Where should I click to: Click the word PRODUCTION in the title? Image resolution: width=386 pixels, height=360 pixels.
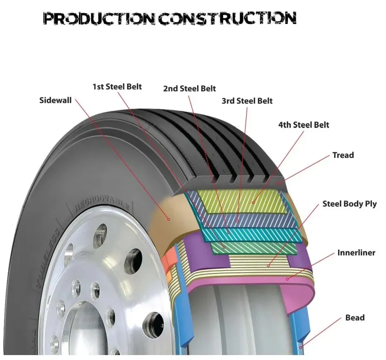(99, 19)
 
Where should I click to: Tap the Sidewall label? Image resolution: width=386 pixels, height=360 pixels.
(55, 100)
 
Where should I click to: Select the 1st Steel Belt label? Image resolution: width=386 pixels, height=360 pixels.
(117, 86)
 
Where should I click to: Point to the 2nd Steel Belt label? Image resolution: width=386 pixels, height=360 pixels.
(189, 89)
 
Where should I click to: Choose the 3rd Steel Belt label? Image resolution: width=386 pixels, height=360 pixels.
(247, 101)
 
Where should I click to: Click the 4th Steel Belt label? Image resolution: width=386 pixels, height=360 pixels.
(304, 124)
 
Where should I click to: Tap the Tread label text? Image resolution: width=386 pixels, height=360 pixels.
(343, 155)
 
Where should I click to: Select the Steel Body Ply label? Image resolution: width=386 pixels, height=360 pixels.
(349, 204)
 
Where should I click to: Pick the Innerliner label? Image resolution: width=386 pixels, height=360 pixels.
(356, 252)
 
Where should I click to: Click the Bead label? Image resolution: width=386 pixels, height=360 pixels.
(355, 318)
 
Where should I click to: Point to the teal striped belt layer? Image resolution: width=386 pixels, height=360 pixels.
(247, 235)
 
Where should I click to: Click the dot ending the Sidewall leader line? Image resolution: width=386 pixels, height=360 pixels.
(168, 220)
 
